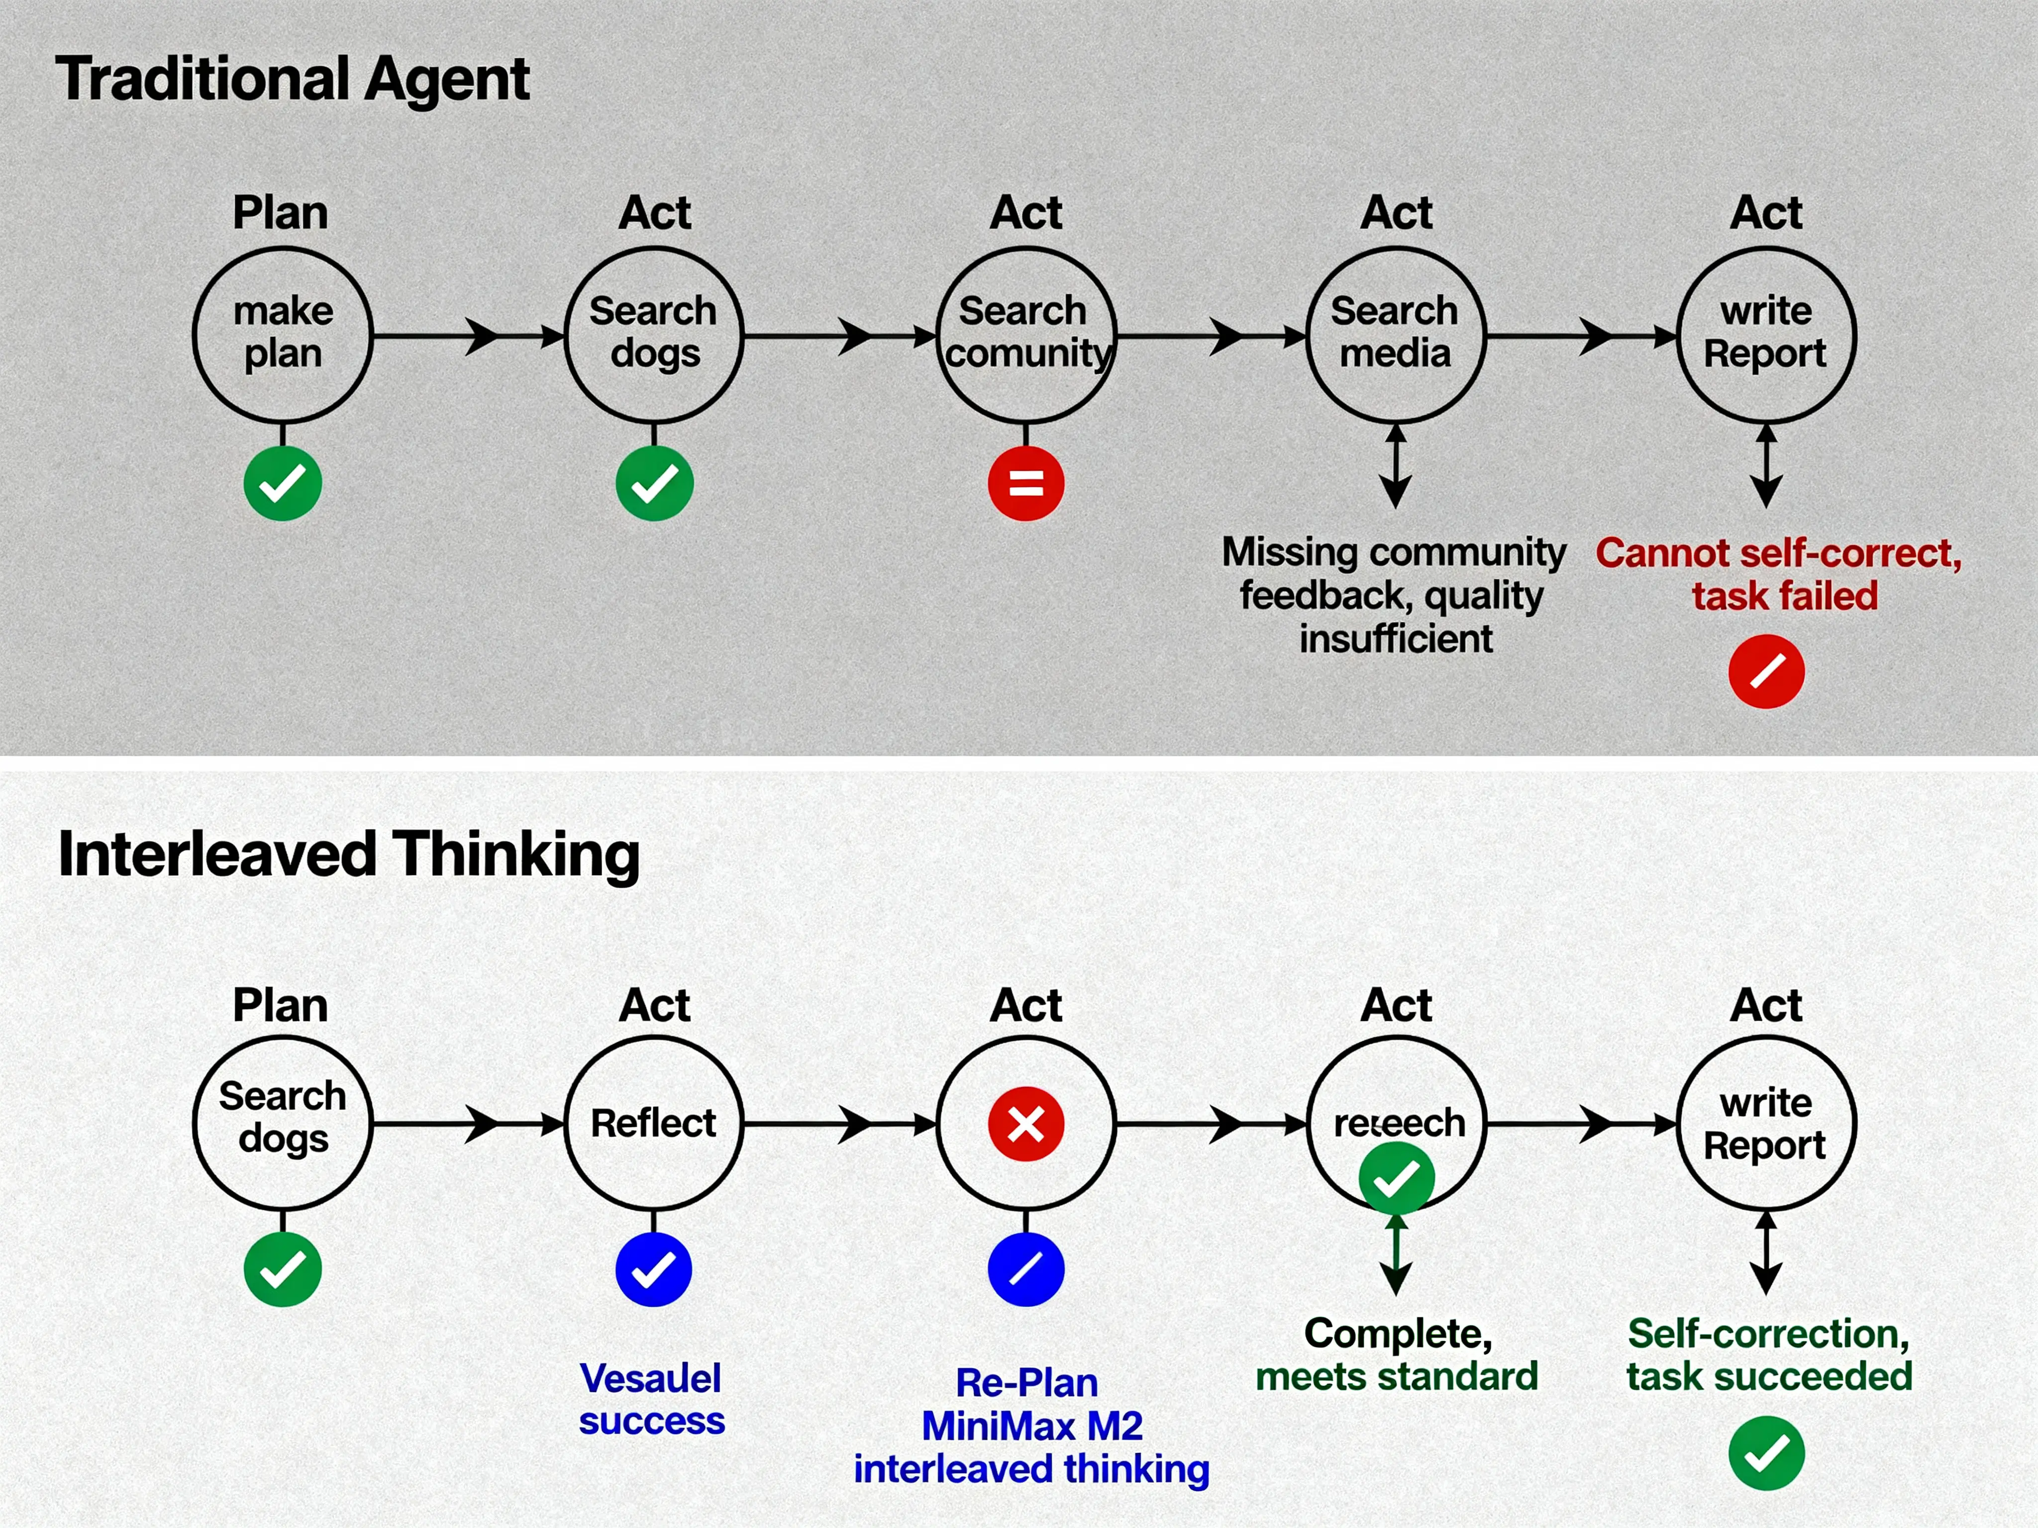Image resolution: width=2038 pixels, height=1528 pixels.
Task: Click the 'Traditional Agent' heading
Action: (x=292, y=78)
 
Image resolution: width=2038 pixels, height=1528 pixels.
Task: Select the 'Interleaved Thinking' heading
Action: (x=348, y=854)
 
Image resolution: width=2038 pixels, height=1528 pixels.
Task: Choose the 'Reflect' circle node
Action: (x=653, y=1123)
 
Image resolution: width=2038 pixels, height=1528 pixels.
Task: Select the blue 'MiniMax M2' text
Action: (x=1032, y=1426)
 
